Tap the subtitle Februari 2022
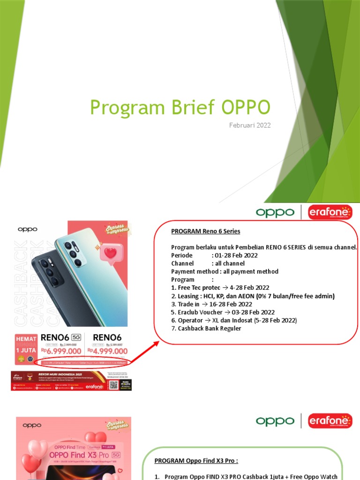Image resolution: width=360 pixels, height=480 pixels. point(250,126)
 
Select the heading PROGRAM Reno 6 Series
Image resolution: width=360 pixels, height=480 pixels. point(205,232)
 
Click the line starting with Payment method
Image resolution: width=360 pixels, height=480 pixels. point(225,271)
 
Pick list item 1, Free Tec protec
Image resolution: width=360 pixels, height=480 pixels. point(220,287)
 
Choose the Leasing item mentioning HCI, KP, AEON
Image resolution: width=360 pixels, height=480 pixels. point(253,296)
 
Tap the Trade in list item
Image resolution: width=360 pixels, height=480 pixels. point(211,304)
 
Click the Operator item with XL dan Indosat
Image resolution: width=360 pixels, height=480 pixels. point(234,320)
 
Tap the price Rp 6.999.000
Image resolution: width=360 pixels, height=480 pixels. point(62,351)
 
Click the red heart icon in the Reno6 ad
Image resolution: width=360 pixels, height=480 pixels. point(111,253)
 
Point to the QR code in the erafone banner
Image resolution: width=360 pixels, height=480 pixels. point(113,384)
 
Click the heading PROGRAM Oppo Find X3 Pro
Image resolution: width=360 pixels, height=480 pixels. point(196,460)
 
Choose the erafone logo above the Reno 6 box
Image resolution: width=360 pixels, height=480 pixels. point(330,212)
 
